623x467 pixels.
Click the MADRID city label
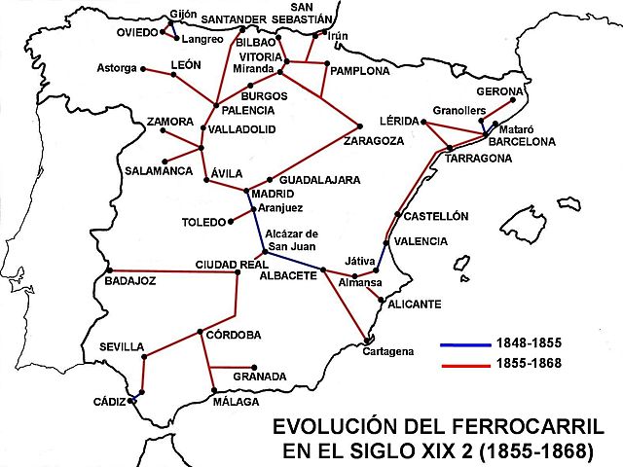click(x=273, y=195)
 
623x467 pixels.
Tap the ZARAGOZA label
click(x=373, y=141)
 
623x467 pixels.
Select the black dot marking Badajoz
click(x=110, y=269)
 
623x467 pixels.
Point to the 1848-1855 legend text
click(x=530, y=345)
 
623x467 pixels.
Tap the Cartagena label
click(x=389, y=350)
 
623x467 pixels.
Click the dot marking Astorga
click(x=144, y=69)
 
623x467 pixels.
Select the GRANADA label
click(x=260, y=377)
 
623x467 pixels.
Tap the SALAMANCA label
click(x=159, y=171)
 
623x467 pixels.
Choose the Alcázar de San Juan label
click(x=292, y=239)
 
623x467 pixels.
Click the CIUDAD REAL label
click(x=232, y=264)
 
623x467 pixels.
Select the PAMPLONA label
click(x=359, y=72)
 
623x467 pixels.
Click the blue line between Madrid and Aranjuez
click(x=250, y=201)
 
